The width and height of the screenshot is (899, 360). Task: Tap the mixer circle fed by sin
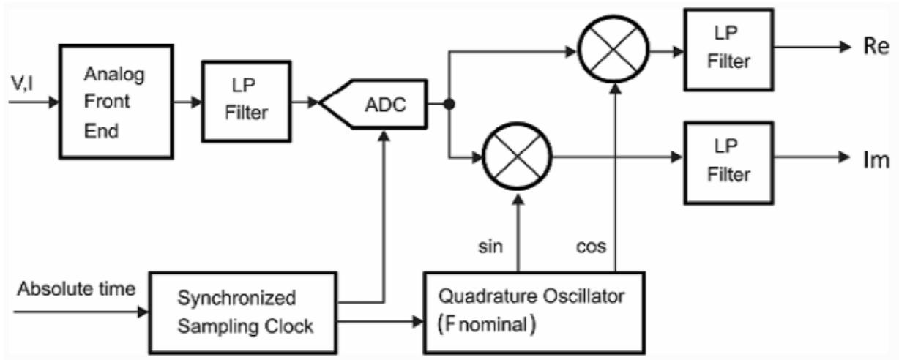point(518,157)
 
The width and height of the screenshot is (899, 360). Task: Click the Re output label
point(876,48)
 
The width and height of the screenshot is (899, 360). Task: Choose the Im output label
point(875,161)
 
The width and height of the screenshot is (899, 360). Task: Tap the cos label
point(592,247)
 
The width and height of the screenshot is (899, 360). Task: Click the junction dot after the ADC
point(449,105)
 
